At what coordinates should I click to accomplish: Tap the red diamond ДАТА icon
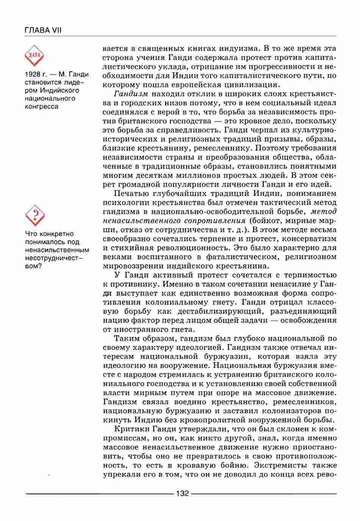click(x=34, y=55)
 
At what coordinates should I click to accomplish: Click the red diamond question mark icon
click(x=35, y=215)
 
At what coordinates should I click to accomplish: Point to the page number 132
click(x=182, y=494)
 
